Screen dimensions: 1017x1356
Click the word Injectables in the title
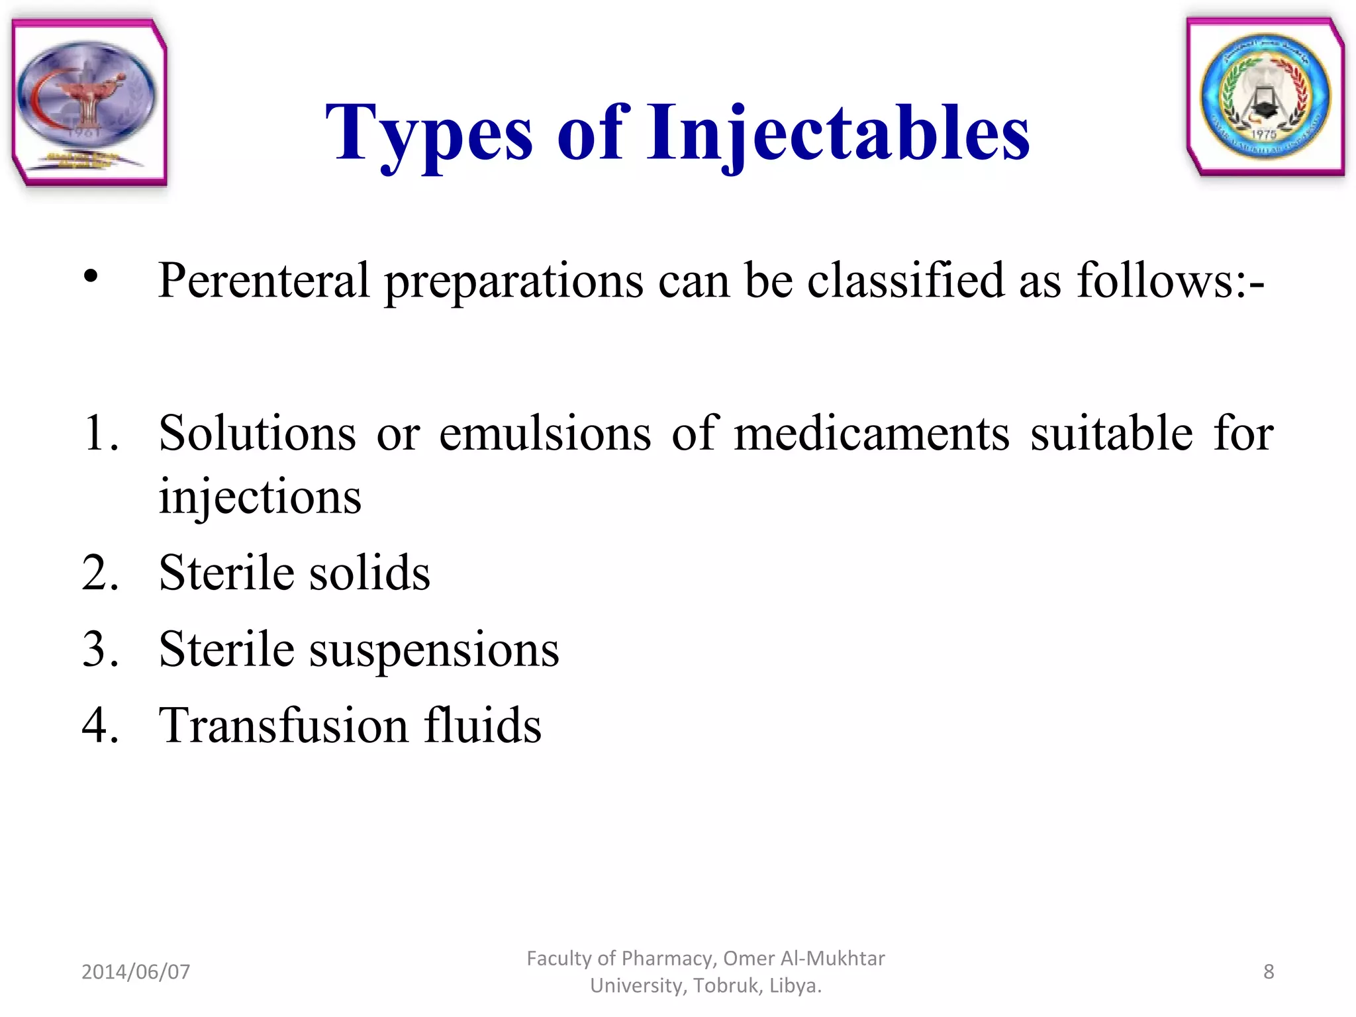[838, 134]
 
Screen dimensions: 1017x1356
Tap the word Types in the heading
[428, 134]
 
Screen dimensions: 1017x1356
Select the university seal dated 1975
[1265, 97]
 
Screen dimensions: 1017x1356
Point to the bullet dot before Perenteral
[91, 277]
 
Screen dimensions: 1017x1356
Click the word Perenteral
[264, 281]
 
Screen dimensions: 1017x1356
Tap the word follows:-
[1171, 281]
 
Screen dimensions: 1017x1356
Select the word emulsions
[545, 434]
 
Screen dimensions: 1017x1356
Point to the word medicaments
[871, 434]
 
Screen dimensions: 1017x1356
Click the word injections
[260, 497]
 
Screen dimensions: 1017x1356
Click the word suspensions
[434, 650]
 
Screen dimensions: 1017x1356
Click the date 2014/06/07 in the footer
[136, 971]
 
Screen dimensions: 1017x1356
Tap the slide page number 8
[1268, 971]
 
